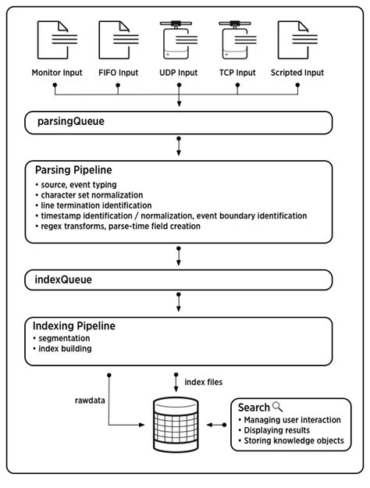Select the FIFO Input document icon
tap(118, 42)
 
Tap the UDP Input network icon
tap(180, 42)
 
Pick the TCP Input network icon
tap(239, 42)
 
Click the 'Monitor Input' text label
tap(55, 73)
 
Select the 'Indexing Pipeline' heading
tap(81, 326)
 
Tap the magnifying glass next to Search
tap(277, 407)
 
